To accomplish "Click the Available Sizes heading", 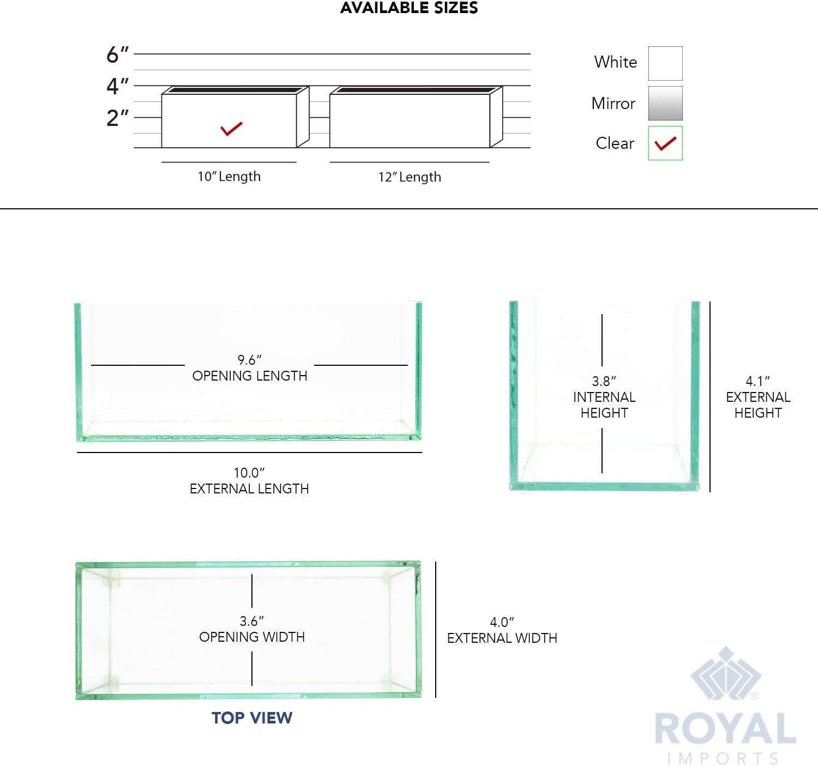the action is point(409,8).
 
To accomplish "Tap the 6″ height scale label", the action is point(117,55).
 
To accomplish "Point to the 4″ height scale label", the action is point(117,86).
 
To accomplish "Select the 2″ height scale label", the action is point(117,118).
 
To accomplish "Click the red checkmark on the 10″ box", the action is point(231,129).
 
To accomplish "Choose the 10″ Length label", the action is point(229,176).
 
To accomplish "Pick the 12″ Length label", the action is point(410,177).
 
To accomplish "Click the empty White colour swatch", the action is point(665,63).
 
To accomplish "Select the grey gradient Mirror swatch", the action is point(665,104).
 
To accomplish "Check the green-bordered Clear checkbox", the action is point(665,143).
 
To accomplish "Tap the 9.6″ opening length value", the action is point(249,360).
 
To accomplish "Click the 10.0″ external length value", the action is point(249,472).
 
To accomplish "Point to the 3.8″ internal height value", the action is point(604,381).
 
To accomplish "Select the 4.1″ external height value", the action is point(757,381).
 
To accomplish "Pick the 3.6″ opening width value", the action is point(251,620).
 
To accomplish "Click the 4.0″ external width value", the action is point(502,622).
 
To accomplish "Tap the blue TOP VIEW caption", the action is point(252,718).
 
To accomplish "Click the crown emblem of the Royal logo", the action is point(726,673).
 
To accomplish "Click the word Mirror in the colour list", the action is point(613,104).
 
